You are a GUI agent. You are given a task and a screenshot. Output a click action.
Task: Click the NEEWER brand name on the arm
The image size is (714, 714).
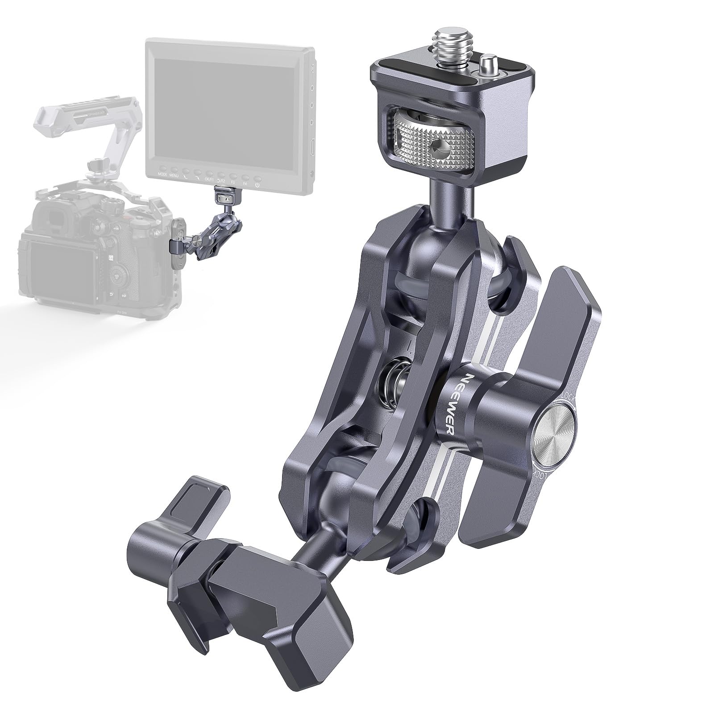(451, 403)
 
